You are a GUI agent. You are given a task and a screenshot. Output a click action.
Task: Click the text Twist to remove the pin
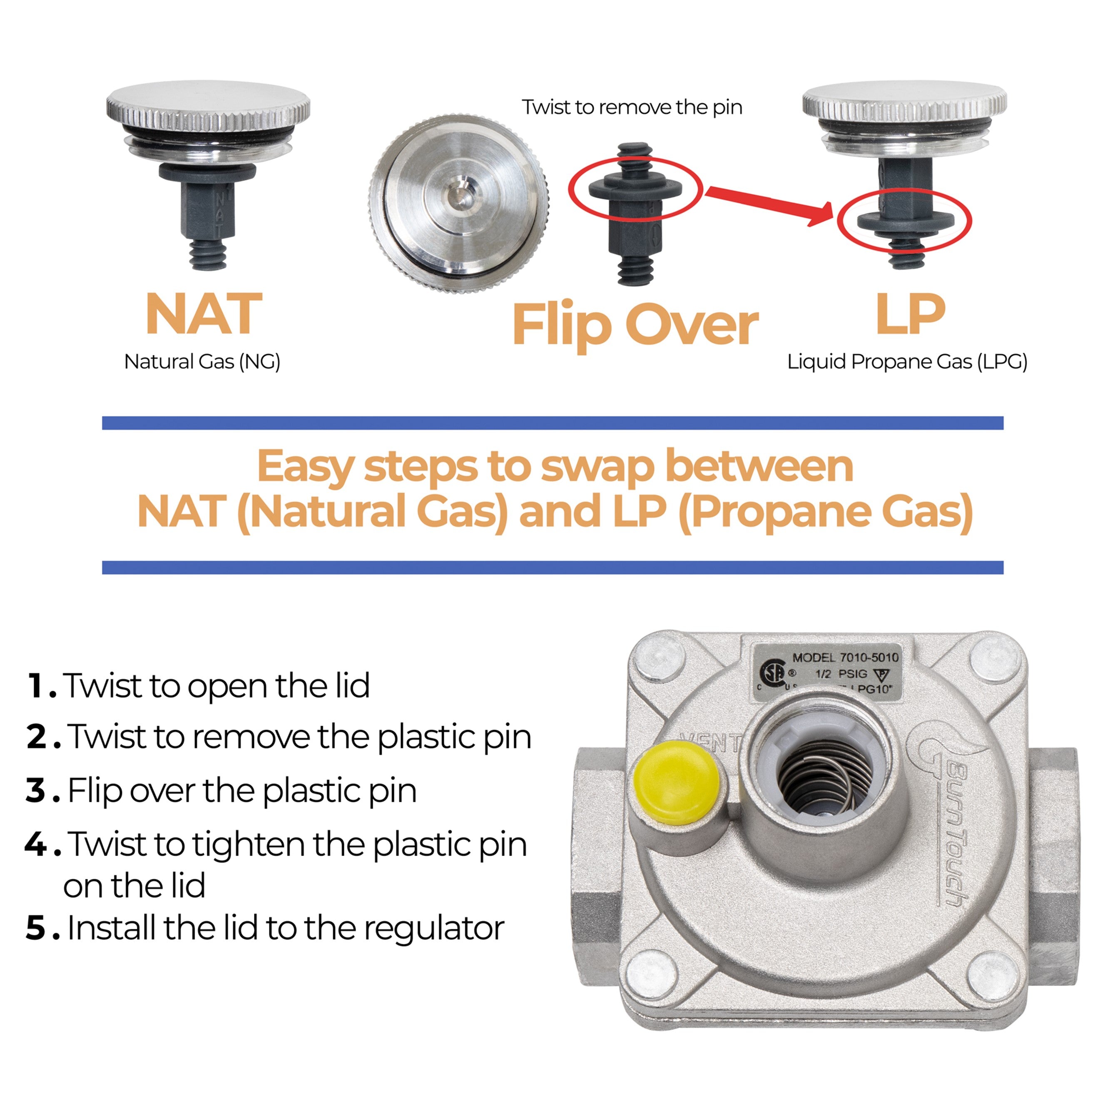point(632,107)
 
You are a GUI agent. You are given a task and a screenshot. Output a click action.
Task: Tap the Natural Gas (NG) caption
point(202,362)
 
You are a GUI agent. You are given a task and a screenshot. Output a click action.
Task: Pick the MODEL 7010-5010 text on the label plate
point(845,657)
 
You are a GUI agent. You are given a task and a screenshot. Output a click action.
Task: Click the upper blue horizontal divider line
point(553,423)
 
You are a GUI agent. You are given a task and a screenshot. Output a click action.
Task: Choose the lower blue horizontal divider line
point(553,567)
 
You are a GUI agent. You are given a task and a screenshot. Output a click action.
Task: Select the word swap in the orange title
point(597,466)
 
